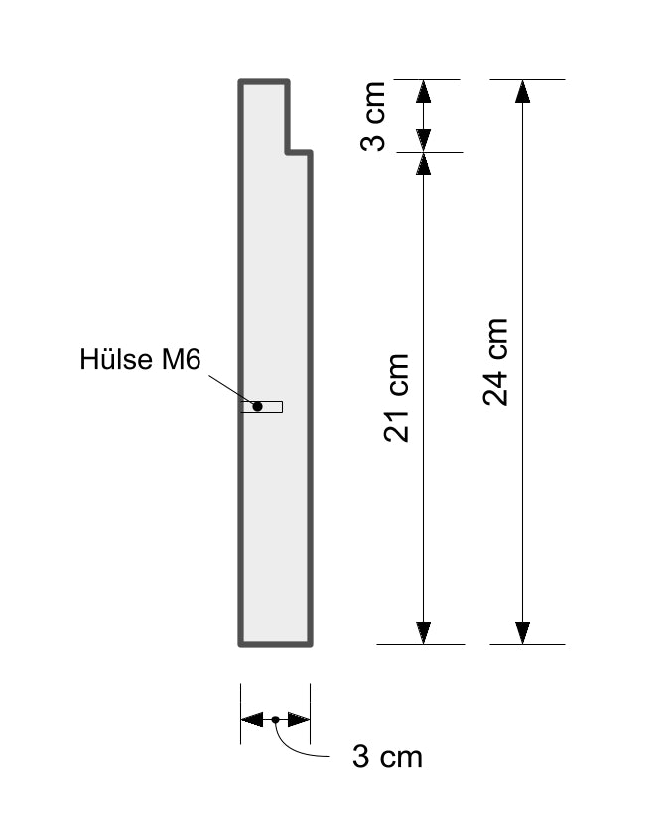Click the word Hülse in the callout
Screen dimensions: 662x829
[118, 359]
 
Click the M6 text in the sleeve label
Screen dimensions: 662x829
[182, 359]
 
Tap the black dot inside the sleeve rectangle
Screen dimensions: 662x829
[257, 407]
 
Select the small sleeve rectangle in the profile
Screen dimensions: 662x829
[262, 407]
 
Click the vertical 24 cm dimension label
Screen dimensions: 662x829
[495, 362]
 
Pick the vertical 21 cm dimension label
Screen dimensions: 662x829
[396, 397]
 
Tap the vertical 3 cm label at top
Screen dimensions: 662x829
[373, 116]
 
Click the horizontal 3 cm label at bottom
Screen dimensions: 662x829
[387, 757]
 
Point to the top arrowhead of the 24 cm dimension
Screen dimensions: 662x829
[522, 91]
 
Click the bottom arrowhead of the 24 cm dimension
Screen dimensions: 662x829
[522, 633]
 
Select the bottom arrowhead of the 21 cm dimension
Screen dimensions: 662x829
[423, 633]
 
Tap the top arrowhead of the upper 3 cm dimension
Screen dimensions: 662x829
[423, 91]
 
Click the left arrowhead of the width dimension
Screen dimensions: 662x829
[252, 719]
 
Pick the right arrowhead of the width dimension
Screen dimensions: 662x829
[299, 719]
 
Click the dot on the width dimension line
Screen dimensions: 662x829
[275, 719]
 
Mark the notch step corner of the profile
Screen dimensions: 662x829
[288, 152]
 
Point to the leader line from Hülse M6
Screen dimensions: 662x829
[231, 390]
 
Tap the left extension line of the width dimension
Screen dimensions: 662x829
[241, 714]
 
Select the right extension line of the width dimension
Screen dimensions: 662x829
[310, 714]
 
